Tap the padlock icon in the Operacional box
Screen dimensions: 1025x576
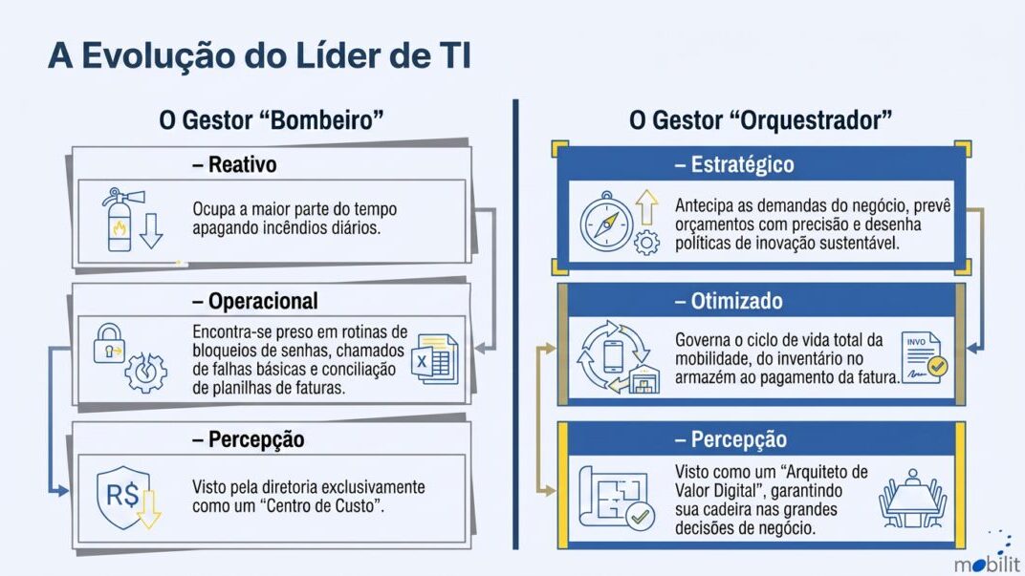[109, 343]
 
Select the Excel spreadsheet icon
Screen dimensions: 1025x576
[435, 358]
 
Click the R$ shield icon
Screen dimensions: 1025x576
[123, 497]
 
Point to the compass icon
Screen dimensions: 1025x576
[606, 222]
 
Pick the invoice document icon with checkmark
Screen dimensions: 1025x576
[925, 357]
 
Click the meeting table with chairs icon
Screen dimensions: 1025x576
[912, 499]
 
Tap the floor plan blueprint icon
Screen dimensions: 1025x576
[614, 498]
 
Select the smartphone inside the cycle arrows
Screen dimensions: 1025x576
[613, 356]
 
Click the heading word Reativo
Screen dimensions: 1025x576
[242, 164]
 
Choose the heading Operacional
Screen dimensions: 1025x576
[263, 301]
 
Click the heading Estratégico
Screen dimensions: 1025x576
[743, 164]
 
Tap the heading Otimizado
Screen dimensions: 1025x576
[736, 301]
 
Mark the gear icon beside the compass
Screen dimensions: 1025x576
[646, 243]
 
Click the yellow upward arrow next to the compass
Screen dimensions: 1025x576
[646, 207]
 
